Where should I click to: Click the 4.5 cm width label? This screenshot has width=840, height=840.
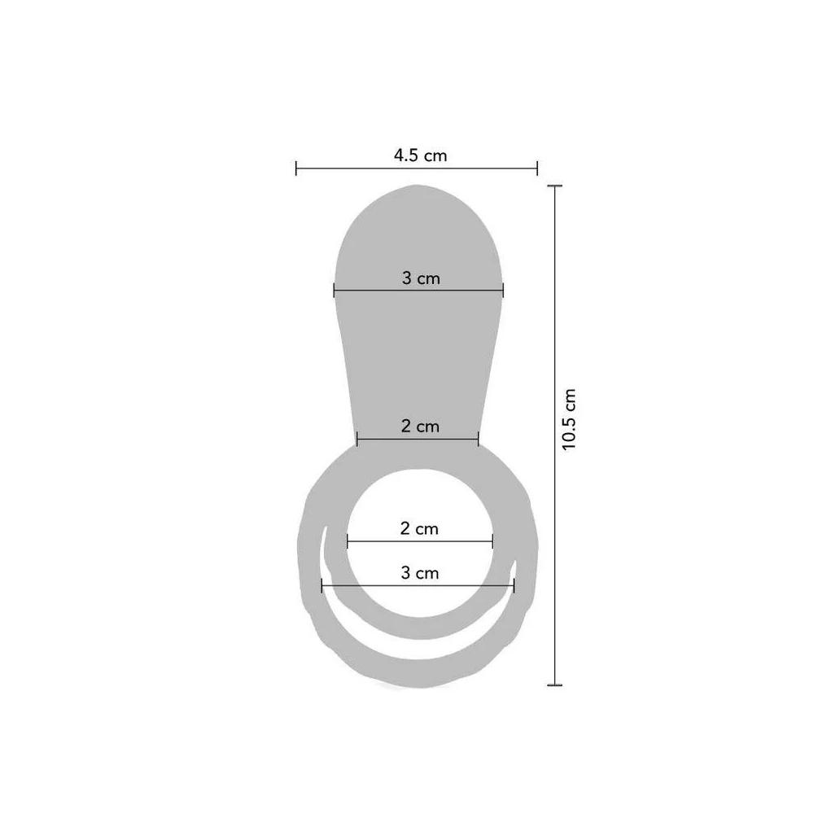coord(420,155)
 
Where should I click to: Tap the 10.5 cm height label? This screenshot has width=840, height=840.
coord(568,419)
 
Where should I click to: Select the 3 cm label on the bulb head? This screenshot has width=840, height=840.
coord(421,278)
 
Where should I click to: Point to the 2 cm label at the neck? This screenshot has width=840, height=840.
coord(420,426)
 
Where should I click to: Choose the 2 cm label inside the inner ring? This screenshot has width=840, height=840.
coord(419,529)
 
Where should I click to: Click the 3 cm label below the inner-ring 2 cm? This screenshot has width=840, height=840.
coord(419,573)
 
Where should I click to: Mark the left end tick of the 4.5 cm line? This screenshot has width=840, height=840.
coord(296,168)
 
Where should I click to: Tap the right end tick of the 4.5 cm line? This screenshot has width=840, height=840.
coord(536,168)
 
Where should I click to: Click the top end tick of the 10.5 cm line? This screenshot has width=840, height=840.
coord(554,186)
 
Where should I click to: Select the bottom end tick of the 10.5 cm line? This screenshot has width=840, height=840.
coord(554,685)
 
